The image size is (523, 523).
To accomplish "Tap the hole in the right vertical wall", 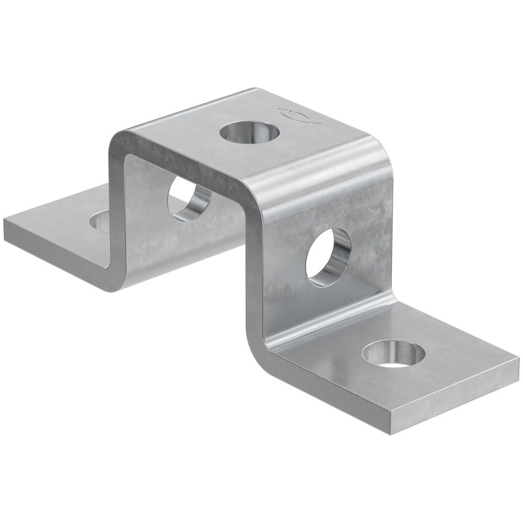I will [x=328, y=256].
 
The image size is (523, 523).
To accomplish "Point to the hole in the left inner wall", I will [x=189, y=200].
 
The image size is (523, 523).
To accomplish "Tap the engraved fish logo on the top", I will [x=296, y=114].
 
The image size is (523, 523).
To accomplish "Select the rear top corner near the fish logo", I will [x=255, y=90].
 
